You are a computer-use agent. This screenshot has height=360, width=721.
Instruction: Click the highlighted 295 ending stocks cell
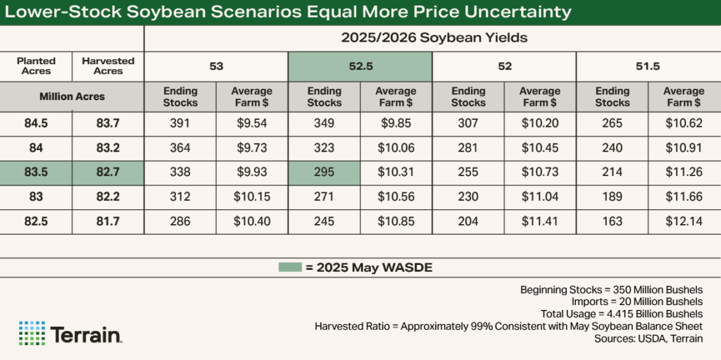tap(324, 172)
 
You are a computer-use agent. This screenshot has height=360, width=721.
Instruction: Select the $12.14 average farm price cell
tap(683, 221)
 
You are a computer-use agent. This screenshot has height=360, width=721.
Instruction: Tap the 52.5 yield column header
tap(360, 67)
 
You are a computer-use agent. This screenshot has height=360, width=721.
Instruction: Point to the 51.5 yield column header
tap(648, 67)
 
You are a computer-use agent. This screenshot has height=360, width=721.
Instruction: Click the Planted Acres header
tap(36, 66)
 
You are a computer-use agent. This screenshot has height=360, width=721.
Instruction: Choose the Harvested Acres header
tap(108, 66)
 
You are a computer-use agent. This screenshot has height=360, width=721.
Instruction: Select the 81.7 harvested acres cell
tap(108, 221)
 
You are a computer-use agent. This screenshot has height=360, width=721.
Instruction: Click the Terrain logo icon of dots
tap(32, 333)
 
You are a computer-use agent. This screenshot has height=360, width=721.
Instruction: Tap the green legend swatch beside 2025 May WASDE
tap(289, 267)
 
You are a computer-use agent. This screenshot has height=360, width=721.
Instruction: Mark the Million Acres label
tap(72, 97)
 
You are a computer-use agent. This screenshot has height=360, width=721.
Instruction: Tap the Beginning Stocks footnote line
tap(610, 290)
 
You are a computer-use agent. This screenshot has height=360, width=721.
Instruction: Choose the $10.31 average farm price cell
tap(396, 172)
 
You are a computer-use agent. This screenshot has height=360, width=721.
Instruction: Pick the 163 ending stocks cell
tap(612, 221)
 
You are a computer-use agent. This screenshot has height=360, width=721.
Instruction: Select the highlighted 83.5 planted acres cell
tap(36, 172)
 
